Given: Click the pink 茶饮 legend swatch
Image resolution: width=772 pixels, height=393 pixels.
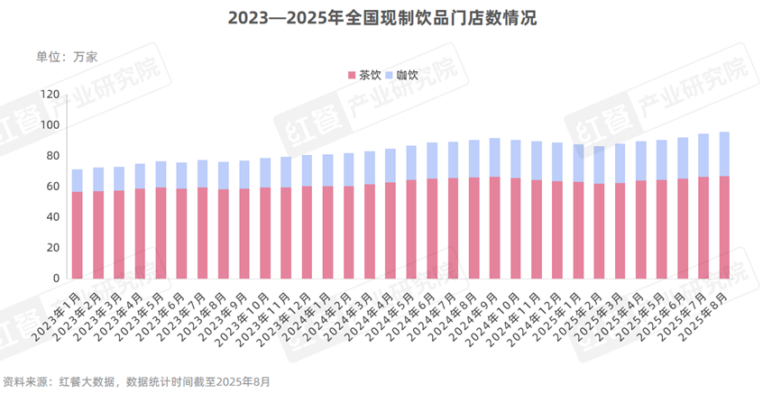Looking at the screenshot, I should pyautogui.click(x=351, y=75).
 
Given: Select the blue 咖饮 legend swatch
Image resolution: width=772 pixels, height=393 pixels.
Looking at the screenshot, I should pyautogui.click(x=390, y=75).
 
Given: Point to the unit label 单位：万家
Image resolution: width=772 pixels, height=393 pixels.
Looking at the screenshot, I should pyautogui.click(x=67, y=56).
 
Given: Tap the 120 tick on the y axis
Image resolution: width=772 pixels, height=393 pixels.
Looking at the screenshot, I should pyautogui.click(x=50, y=95).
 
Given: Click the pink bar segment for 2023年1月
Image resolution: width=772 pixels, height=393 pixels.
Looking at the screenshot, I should pyautogui.click(x=78, y=234).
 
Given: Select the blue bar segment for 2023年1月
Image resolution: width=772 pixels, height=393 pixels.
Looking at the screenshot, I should pyautogui.click(x=78, y=180).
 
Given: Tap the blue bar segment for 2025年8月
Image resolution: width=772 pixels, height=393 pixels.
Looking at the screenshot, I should pyautogui.click(x=724, y=154).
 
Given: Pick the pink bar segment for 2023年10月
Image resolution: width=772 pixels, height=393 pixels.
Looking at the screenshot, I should pyautogui.click(x=265, y=233).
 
